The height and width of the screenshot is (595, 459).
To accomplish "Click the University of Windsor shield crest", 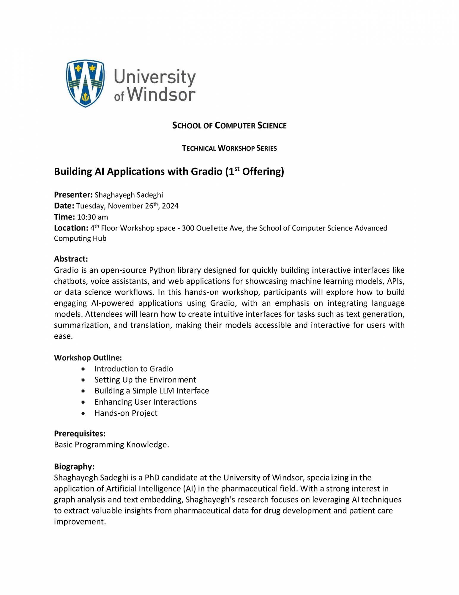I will [85, 83].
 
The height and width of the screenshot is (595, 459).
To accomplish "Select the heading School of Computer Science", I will [229, 126].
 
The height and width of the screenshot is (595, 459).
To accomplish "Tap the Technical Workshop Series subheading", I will [229, 148].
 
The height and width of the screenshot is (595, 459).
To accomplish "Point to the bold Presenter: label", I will [73, 195].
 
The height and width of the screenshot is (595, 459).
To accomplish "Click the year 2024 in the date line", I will [170, 206].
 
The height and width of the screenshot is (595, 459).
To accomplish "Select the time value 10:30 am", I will [92, 217].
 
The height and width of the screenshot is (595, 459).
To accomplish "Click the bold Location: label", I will [71, 228].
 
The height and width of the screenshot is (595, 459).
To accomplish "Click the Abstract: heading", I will [71, 259].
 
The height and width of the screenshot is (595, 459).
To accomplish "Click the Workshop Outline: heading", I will [88, 358].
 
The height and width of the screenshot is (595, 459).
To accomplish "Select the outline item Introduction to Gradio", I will [133, 369].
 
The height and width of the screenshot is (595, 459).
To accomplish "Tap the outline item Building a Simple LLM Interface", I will [152, 391].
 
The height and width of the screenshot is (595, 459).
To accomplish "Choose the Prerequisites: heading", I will [80, 433].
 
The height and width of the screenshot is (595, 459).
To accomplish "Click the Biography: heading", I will [74, 466].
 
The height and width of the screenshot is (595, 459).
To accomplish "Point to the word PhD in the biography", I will [152, 478].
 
